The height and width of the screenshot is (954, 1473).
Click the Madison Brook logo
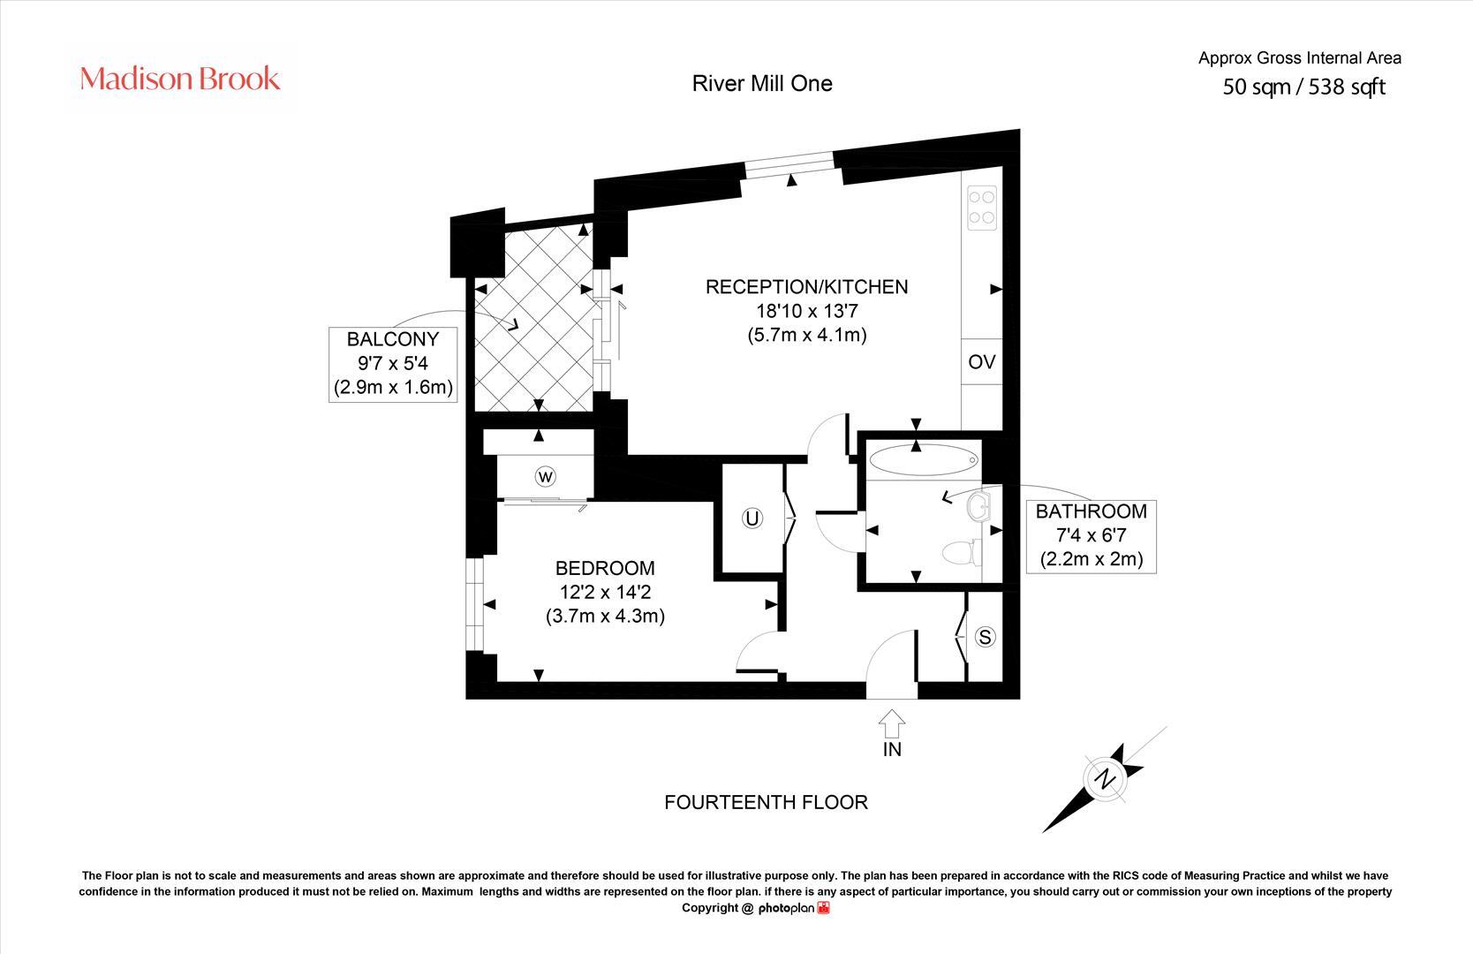(x=180, y=79)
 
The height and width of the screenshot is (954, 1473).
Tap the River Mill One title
(x=761, y=83)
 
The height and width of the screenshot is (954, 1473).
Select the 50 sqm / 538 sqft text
(x=1303, y=87)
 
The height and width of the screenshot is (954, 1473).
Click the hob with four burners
(x=982, y=208)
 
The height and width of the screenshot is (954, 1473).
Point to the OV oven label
(x=982, y=362)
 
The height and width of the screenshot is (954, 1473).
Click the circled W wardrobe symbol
(x=546, y=477)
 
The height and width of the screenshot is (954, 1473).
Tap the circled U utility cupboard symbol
(x=752, y=519)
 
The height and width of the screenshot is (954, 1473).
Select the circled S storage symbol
(x=986, y=636)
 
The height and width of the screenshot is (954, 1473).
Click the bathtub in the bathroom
(x=923, y=460)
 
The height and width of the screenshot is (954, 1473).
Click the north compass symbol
(x=1105, y=779)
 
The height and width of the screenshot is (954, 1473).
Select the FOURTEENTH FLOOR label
(x=766, y=802)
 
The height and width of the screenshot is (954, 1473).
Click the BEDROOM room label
(x=605, y=568)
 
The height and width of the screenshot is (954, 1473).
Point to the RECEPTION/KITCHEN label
(x=806, y=287)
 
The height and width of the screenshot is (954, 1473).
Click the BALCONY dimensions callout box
(x=393, y=363)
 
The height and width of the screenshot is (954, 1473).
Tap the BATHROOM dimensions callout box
(x=1092, y=534)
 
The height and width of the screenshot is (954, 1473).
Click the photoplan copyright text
(x=755, y=908)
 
